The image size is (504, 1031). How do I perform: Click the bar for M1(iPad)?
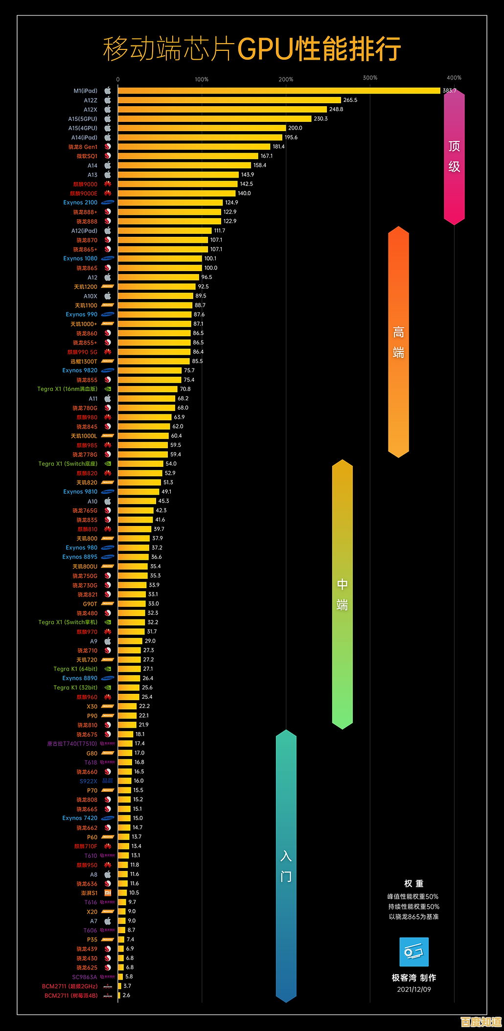pos(279,91)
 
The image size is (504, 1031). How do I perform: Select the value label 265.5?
pos(350,100)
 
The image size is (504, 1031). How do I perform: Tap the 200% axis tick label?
pos(286,79)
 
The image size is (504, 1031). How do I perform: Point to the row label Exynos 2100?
pos(80,203)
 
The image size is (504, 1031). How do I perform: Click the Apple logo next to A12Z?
pos(108,100)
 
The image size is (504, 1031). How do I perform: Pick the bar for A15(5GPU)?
pos(214,119)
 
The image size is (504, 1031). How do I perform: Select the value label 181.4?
pos(278,147)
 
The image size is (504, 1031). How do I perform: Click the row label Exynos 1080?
pos(80,258)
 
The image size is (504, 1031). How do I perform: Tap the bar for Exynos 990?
pos(155,315)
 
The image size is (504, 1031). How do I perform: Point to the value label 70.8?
pos(185,389)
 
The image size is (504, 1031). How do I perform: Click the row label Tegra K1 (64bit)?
pos(75,669)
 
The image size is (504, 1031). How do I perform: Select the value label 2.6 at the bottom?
pos(126,995)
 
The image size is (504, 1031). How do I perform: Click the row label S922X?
pos(89,781)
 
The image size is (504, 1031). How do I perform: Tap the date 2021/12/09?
pos(414,989)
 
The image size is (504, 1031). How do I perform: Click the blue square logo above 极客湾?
pos(414,952)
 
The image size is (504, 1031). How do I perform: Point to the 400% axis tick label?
pos(454,78)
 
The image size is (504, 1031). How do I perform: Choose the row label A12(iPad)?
pos(84,231)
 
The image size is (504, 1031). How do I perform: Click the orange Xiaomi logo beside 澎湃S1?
pos(108,893)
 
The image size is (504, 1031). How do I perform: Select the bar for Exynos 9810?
pos(138,492)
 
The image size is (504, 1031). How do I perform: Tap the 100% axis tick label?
pos(202,79)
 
